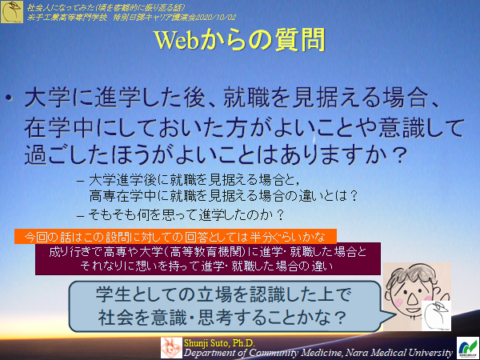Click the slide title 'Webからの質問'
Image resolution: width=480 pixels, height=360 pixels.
[240, 41]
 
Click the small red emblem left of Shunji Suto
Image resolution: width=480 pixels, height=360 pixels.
[172, 346]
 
